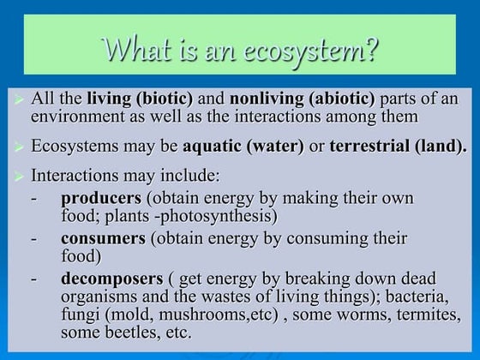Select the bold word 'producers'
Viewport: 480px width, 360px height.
(x=102, y=198)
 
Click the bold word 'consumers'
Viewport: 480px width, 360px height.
(x=103, y=238)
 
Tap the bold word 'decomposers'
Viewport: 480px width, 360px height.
(x=111, y=279)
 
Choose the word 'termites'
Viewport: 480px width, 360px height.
(x=425, y=315)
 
